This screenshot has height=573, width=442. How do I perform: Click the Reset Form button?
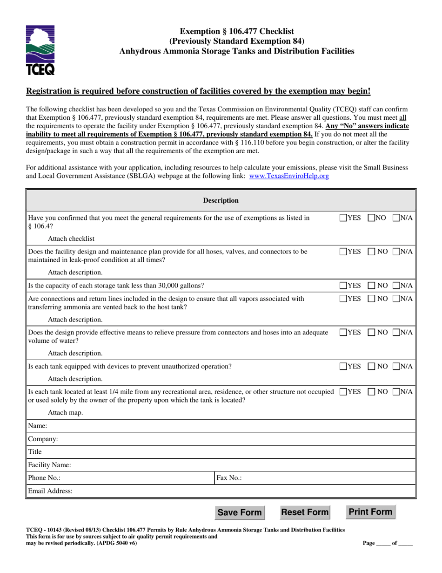(x=305, y=512)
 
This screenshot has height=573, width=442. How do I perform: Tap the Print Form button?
(x=371, y=512)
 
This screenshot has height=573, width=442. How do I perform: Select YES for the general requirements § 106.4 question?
(x=343, y=218)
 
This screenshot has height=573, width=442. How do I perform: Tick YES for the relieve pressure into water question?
(x=343, y=333)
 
